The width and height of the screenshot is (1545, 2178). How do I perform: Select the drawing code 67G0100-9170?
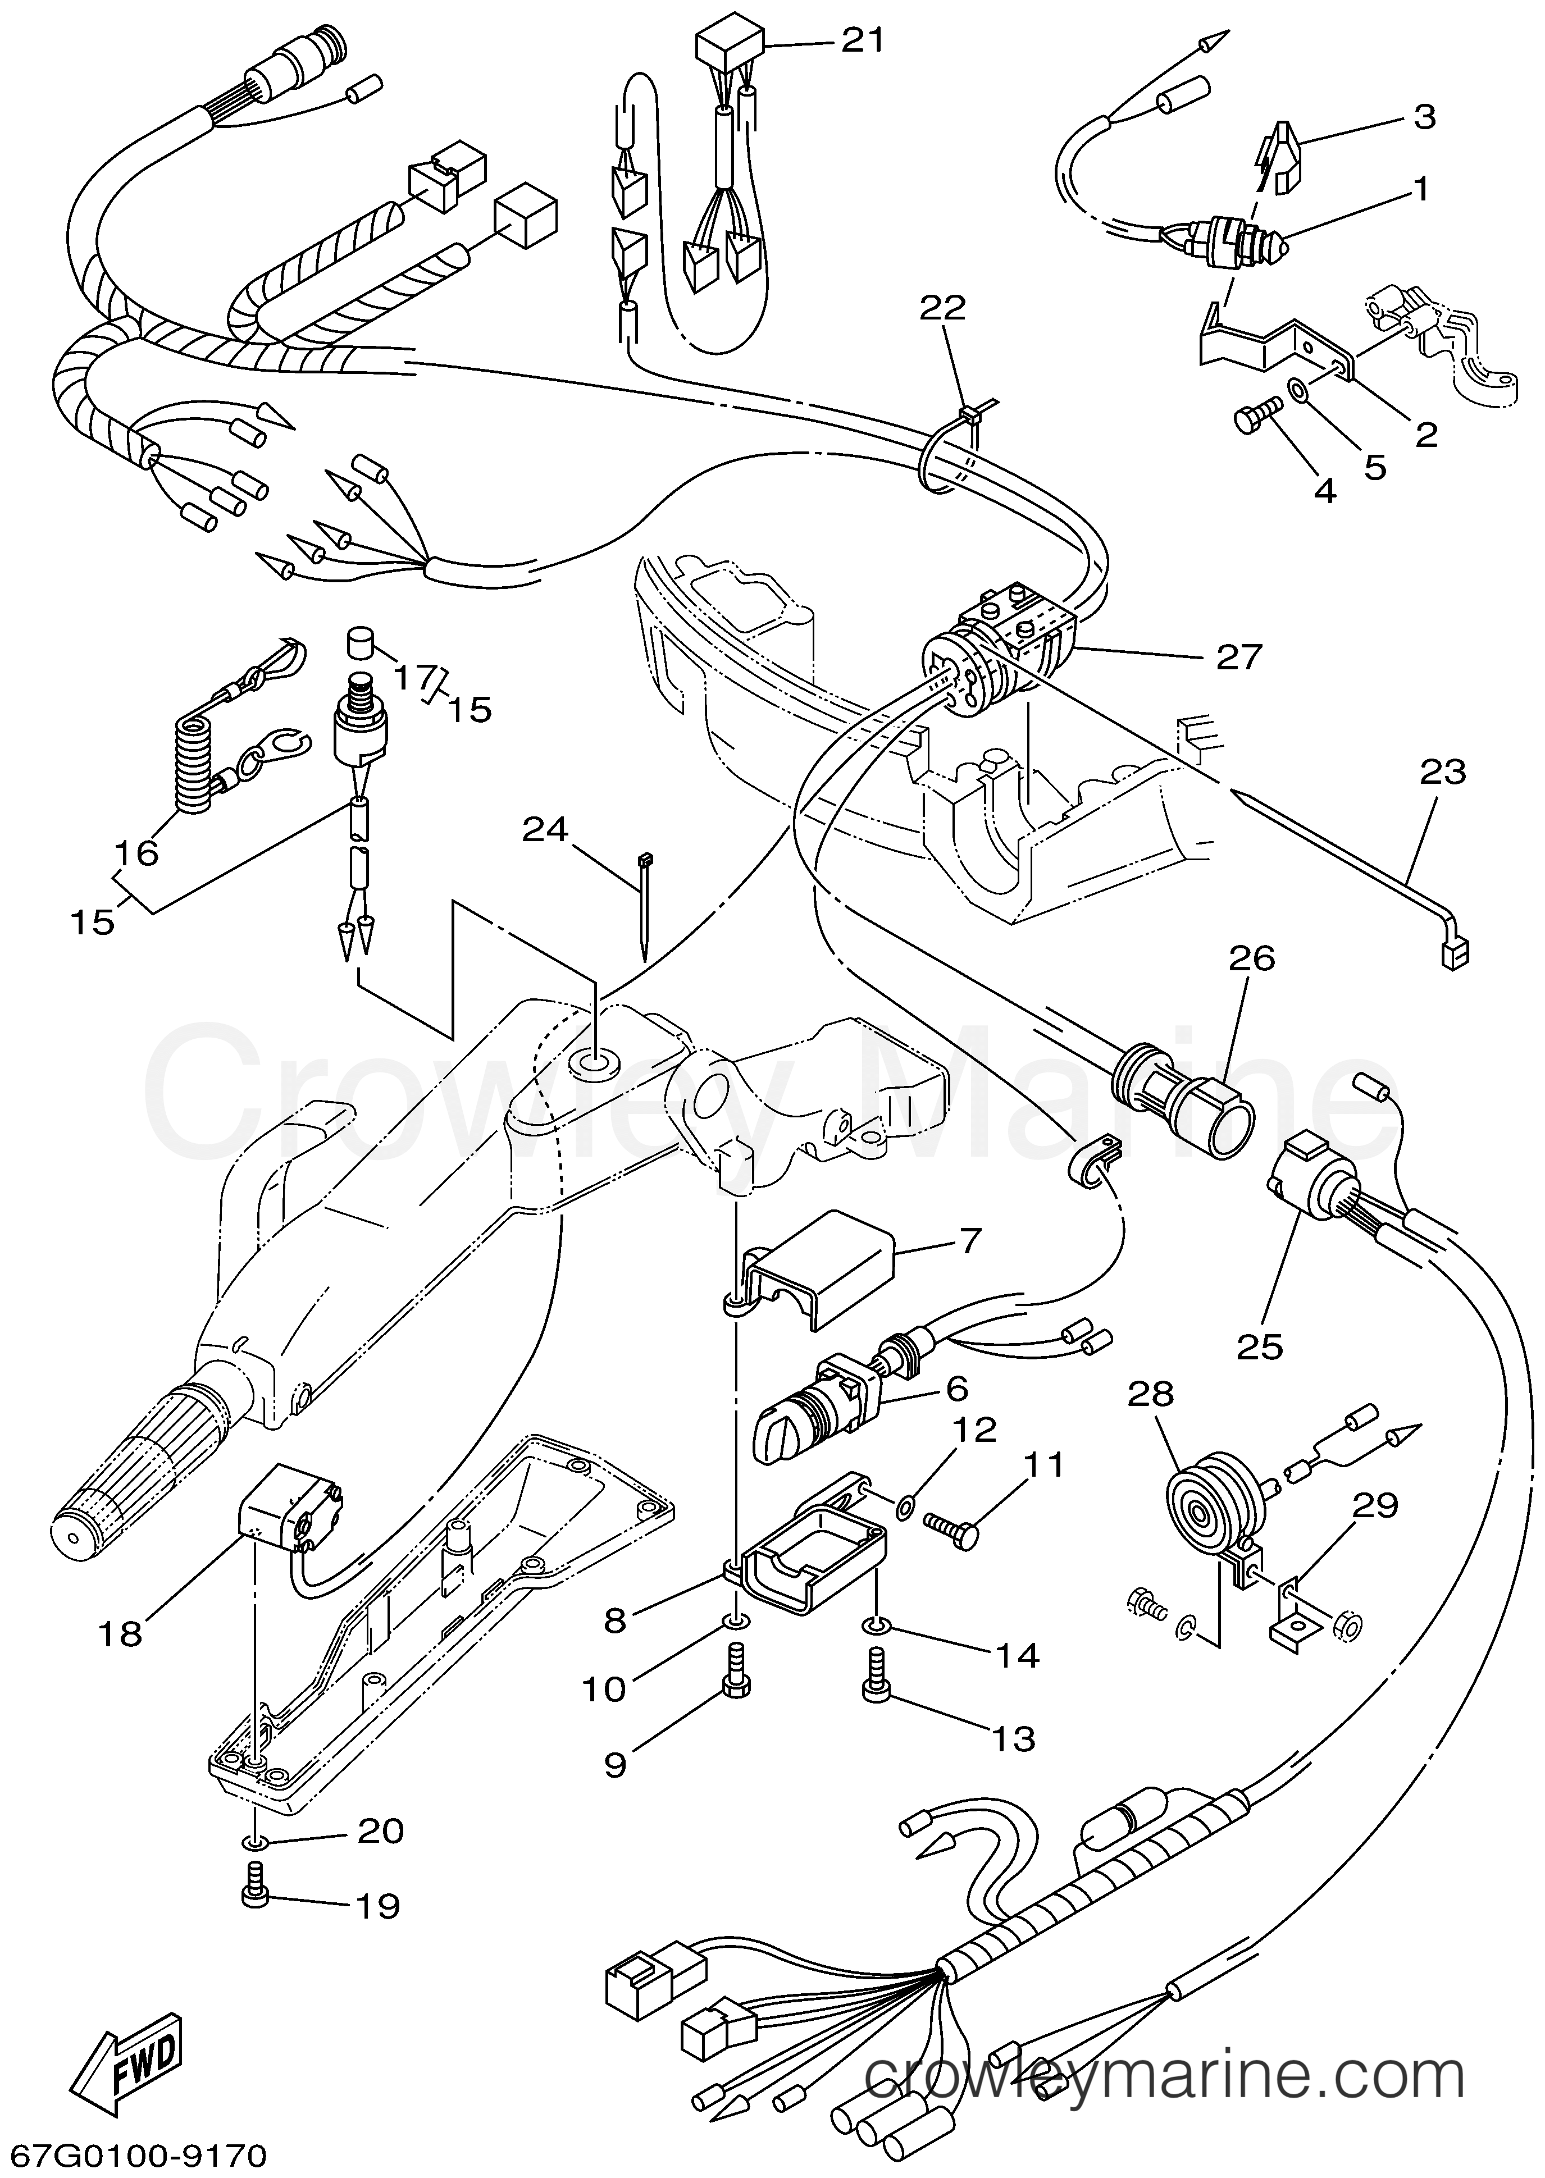(133, 2152)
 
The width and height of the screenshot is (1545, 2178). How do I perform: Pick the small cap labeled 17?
(359, 641)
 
